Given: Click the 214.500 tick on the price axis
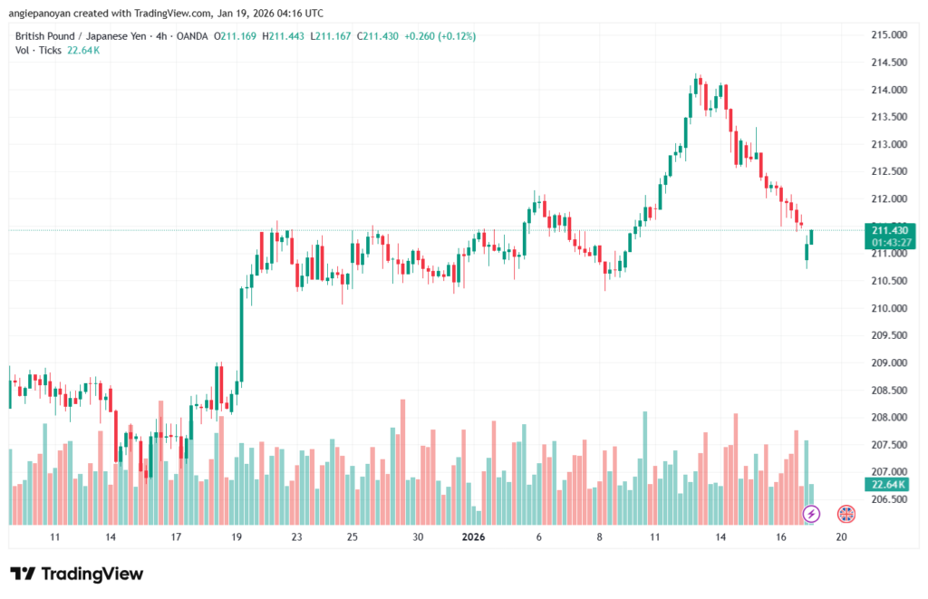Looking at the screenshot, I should pyautogui.click(x=888, y=63).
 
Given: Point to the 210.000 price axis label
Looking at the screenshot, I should pyautogui.click(x=888, y=308).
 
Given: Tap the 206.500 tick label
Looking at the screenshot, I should pyautogui.click(x=888, y=499).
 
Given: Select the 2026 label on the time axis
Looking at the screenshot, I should pyautogui.click(x=474, y=536).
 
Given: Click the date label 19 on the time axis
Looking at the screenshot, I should pyautogui.click(x=237, y=536).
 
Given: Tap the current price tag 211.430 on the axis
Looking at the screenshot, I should pyautogui.click(x=892, y=230).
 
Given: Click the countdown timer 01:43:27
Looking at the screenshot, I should pyautogui.click(x=892, y=243).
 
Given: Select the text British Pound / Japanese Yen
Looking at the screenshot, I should pyautogui.click(x=78, y=36).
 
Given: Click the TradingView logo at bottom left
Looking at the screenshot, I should pyautogui.click(x=76, y=574).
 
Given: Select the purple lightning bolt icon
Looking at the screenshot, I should pyautogui.click(x=811, y=514).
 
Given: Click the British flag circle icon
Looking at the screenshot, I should pyautogui.click(x=846, y=514).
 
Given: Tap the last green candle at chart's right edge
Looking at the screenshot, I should pyautogui.click(x=812, y=237).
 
